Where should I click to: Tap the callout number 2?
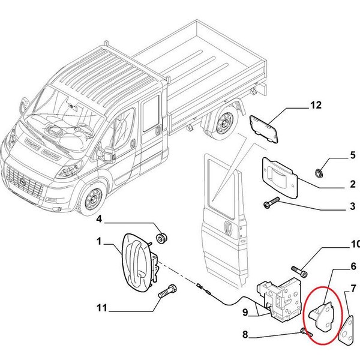[353, 184]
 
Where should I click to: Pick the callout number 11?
[101, 308]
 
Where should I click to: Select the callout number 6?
[353, 266]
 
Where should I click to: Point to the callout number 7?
[353, 294]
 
